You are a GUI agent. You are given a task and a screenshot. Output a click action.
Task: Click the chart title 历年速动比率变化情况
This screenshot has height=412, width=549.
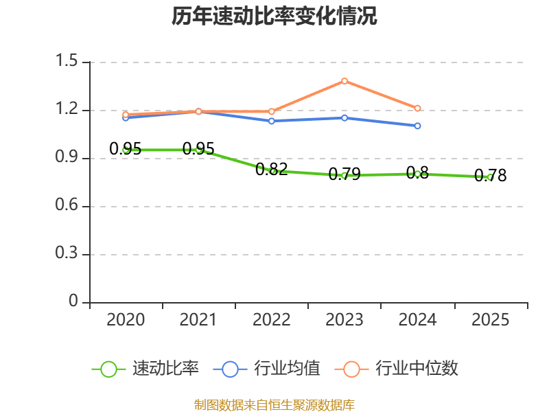click(x=274, y=16)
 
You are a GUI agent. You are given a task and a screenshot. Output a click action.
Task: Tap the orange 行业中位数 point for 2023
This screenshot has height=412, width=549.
click(x=344, y=81)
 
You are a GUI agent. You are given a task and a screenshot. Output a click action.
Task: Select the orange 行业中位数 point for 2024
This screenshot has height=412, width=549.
click(x=417, y=108)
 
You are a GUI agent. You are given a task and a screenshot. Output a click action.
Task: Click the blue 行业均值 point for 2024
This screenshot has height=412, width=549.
click(x=417, y=126)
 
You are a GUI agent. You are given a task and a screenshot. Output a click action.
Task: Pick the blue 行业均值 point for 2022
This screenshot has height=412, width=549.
click(x=272, y=121)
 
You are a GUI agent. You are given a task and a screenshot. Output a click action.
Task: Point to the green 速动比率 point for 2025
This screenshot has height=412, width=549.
click(x=490, y=177)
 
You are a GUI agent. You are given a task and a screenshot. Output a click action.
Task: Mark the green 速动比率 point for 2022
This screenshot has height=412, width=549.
click(x=272, y=171)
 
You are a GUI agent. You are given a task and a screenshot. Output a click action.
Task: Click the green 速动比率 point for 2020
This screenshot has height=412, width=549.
click(x=126, y=150)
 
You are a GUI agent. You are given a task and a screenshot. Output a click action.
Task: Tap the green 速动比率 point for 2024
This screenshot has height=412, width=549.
click(x=417, y=174)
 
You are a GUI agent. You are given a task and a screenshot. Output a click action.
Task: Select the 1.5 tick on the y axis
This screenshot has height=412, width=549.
click(x=69, y=62)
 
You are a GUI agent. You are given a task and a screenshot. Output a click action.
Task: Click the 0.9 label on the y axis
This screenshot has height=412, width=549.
click(x=69, y=158)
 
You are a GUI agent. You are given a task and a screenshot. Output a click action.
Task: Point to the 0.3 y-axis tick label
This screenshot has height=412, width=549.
click(x=69, y=254)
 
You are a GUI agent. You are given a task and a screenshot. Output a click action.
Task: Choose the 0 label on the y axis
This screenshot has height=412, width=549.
click(x=75, y=302)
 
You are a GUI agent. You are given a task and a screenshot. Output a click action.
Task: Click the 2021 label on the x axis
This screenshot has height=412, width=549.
click(x=198, y=320)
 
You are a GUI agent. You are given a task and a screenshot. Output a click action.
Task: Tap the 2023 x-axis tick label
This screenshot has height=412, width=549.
click(x=344, y=320)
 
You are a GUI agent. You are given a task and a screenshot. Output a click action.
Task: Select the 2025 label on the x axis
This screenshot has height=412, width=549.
click(x=490, y=320)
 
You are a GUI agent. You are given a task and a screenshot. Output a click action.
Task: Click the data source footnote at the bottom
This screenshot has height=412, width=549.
click(x=274, y=404)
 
